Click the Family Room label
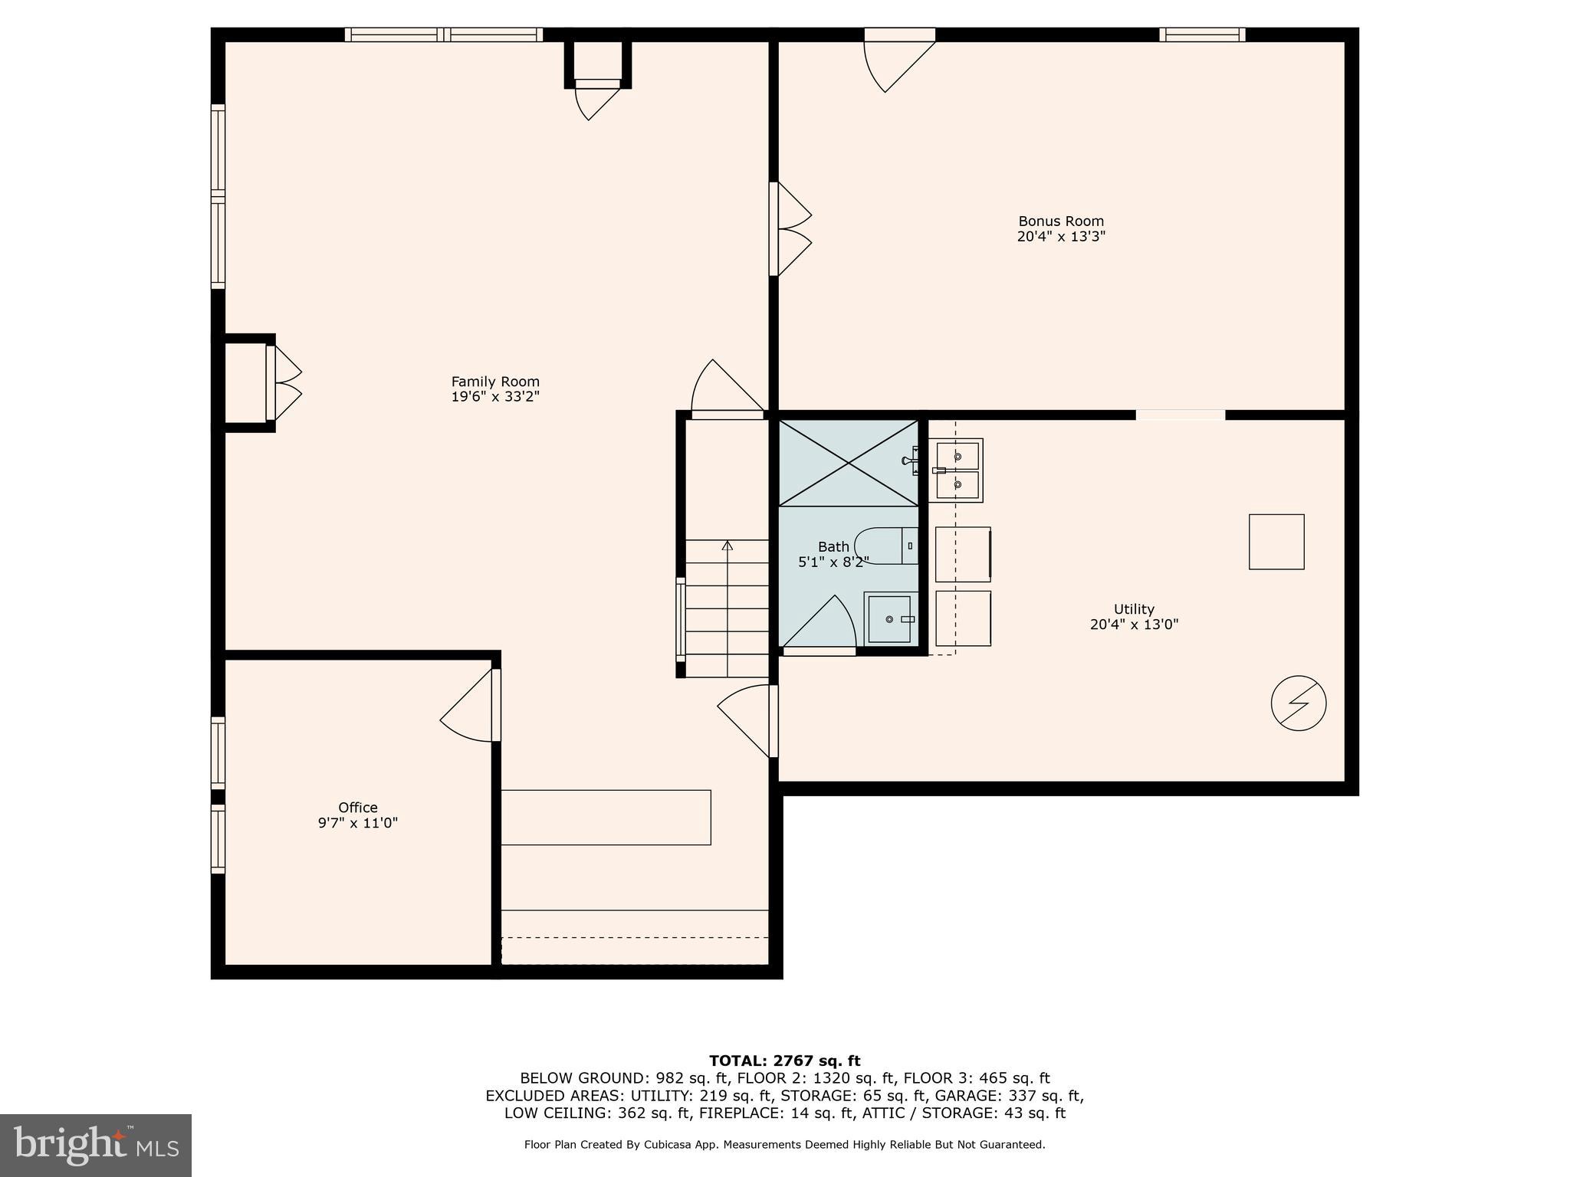(x=495, y=382)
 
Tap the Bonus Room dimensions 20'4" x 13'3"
(x=1061, y=237)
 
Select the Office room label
(x=358, y=808)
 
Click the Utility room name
(x=1134, y=609)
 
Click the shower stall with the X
(x=848, y=463)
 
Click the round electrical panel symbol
(x=1298, y=703)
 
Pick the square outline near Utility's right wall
(x=1276, y=542)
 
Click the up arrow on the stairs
(x=727, y=546)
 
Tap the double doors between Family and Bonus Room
(x=790, y=228)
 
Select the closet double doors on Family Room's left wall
(x=284, y=383)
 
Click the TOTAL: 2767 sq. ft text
(x=784, y=1061)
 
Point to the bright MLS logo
(x=96, y=1145)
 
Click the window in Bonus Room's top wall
(x=1201, y=34)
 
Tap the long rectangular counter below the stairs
(x=606, y=818)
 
